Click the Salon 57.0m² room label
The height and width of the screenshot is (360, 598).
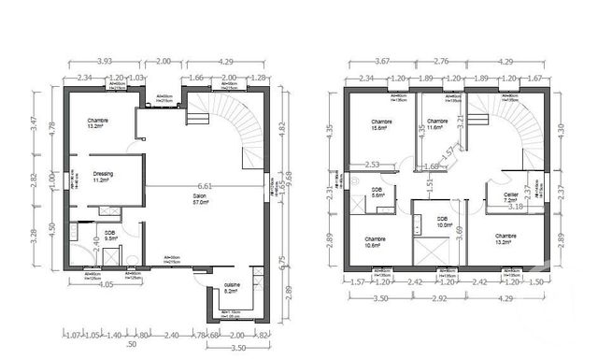198,198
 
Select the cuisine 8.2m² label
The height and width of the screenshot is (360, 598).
230,289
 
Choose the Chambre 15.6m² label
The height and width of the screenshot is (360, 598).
380,126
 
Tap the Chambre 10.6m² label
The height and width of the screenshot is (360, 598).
377,243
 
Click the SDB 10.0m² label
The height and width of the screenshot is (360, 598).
444,222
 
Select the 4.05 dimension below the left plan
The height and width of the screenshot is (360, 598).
105,284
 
